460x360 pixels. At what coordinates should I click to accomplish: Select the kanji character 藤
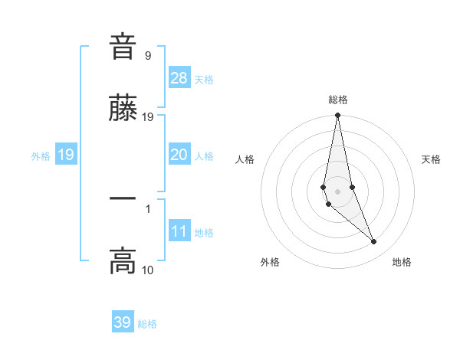pos(123,109)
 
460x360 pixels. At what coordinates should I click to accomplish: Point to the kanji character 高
pos(123,261)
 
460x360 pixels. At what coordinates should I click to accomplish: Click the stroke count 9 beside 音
pos(148,56)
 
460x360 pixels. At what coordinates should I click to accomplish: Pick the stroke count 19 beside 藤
pos(148,117)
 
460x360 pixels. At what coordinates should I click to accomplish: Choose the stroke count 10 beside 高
pos(148,270)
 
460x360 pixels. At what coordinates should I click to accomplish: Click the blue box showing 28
pos(179,78)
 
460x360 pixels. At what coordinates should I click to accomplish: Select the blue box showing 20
pos(179,155)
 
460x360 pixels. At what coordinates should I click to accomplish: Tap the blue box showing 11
pos(179,231)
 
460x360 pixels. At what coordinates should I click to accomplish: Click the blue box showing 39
pos(123,322)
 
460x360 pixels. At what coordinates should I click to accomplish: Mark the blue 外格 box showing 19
pos(66,155)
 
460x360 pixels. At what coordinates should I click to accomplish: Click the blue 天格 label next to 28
pos(204,80)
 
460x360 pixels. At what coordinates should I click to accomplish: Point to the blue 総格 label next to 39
pos(147,324)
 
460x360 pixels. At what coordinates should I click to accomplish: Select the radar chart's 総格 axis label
pos(338,100)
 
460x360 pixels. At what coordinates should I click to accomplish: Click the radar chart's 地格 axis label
pos(402,262)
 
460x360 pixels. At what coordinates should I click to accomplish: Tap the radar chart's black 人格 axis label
pos(245,159)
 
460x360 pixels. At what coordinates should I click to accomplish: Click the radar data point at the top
pos(338,116)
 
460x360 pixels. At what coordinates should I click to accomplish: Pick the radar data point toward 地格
pos(374,242)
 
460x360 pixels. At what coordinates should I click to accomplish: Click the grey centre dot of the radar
pos(338,191)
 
